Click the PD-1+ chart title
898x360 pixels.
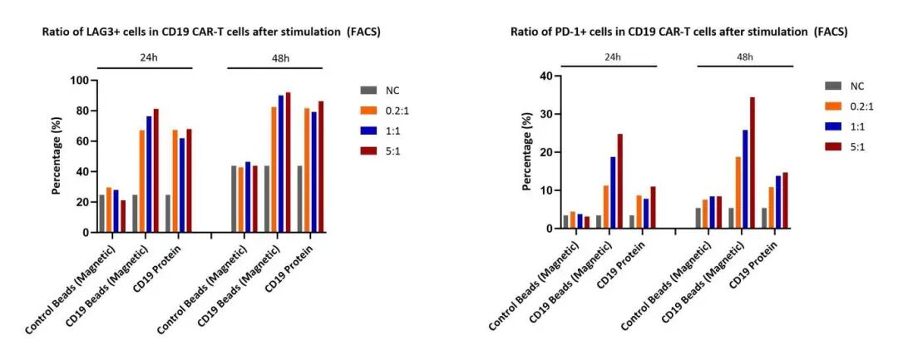point(679,32)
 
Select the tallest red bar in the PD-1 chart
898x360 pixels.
point(752,163)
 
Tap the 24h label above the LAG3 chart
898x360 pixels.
point(145,57)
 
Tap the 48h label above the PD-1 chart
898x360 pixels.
point(745,57)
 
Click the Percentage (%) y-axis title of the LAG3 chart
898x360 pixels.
point(57,156)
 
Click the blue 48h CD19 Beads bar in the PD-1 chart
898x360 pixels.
point(745,179)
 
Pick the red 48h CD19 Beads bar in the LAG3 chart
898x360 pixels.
point(288,162)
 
